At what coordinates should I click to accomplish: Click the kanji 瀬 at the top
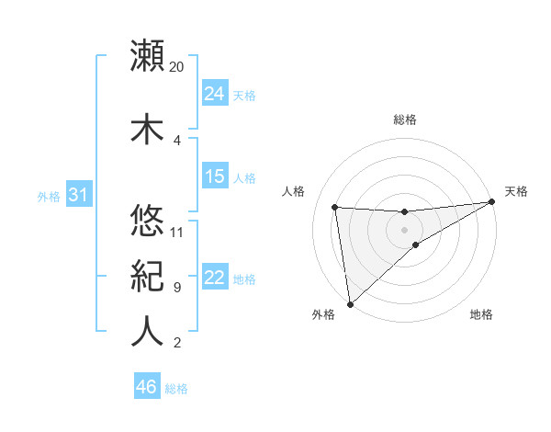pyautogui.click(x=148, y=55)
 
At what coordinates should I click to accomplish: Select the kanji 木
pyautogui.click(x=148, y=128)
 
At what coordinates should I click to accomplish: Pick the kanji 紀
pyautogui.click(x=148, y=277)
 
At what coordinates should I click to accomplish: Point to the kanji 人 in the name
pyautogui.click(x=148, y=332)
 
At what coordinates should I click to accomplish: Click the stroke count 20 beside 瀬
pyautogui.click(x=177, y=67)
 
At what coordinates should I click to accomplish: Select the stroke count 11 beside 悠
pyautogui.click(x=177, y=232)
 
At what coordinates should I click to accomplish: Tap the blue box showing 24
pyautogui.click(x=215, y=93)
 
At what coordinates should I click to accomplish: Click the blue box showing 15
pyautogui.click(x=215, y=176)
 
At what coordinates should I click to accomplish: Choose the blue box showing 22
pyautogui.click(x=215, y=279)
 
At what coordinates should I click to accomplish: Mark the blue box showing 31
pyautogui.click(x=78, y=196)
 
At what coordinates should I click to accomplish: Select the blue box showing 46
pyautogui.click(x=147, y=388)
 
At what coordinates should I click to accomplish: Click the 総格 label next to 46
pyautogui.click(x=176, y=390)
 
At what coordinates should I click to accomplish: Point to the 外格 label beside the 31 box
pyautogui.click(x=48, y=197)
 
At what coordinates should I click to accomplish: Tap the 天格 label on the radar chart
pyautogui.click(x=516, y=191)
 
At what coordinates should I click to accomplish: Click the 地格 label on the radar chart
pyautogui.click(x=481, y=315)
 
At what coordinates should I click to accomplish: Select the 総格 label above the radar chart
pyautogui.click(x=404, y=119)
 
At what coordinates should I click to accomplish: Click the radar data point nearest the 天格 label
pyautogui.click(x=493, y=202)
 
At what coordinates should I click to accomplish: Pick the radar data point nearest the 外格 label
pyautogui.click(x=350, y=303)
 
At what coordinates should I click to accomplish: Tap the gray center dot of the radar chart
pyautogui.click(x=404, y=229)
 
